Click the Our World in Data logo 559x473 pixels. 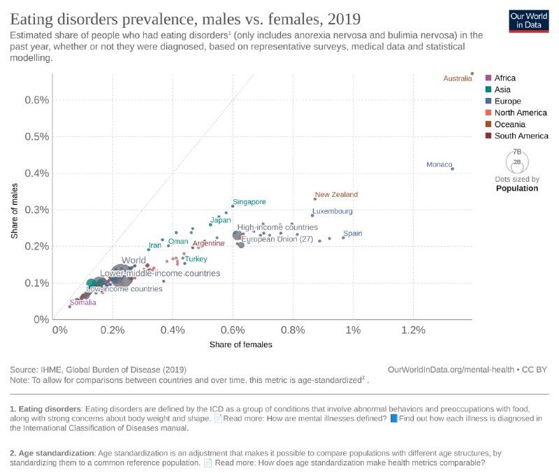click(x=528, y=20)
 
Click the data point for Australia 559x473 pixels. click(x=472, y=73)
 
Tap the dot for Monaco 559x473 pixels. click(x=452, y=168)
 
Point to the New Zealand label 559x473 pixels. click(x=336, y=195)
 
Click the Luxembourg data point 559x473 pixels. click(x=312, y=215)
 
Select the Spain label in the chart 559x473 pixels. click(x=352, y=233)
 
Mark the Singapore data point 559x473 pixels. click(x=233, y=206)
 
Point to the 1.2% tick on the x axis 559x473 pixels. click(x=414, y=330)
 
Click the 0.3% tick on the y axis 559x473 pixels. click(x=38, y=210)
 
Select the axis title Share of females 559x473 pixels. click(x=240, y=344)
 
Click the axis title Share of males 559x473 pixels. click(x=15, y=210)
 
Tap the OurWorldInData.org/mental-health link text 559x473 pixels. click(x=448, y=368)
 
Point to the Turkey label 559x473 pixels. click(x=196, y=259)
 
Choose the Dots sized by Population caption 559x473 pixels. click(x=517, y=184)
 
